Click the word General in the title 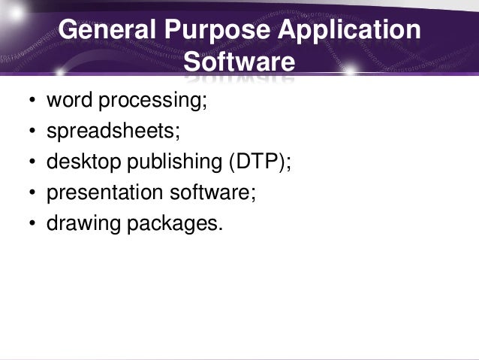[x=103, y=31]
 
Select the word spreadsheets [x=113, y=132]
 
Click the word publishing [x=167, y=163]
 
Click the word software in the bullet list [x=212, y=192]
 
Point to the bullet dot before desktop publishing [x=32, y=164]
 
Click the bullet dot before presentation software [x=32, y=195]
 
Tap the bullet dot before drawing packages [x=32, y=225]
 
